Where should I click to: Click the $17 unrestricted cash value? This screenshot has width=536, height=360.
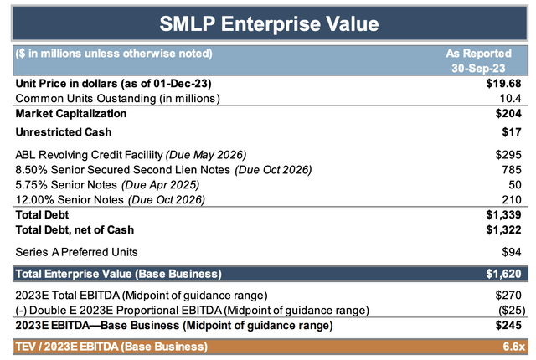tap(513, 131)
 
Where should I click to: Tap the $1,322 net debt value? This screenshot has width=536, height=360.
tap(505, 229)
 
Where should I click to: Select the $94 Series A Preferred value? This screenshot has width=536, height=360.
tap(513, 250)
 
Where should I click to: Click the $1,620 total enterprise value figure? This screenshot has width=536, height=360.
tap(505, 273)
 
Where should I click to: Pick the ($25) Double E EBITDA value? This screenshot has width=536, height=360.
tap(508, 310)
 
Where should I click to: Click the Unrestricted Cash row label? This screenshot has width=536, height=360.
tap(63, 131)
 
